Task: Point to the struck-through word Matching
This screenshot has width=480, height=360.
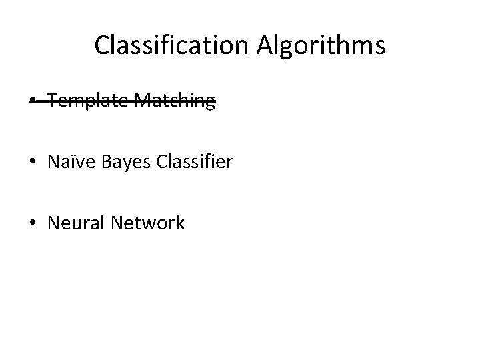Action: (x=175, y=101)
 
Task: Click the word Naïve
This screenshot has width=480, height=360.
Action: (x=69, y=161)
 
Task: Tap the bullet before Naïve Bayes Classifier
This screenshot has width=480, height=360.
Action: (x=33, y=163)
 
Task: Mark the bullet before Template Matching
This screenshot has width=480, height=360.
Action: (x=33, y=101)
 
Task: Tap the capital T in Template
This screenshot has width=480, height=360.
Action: (x=53, y=101)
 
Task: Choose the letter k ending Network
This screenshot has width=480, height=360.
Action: (x=180, y=223)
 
